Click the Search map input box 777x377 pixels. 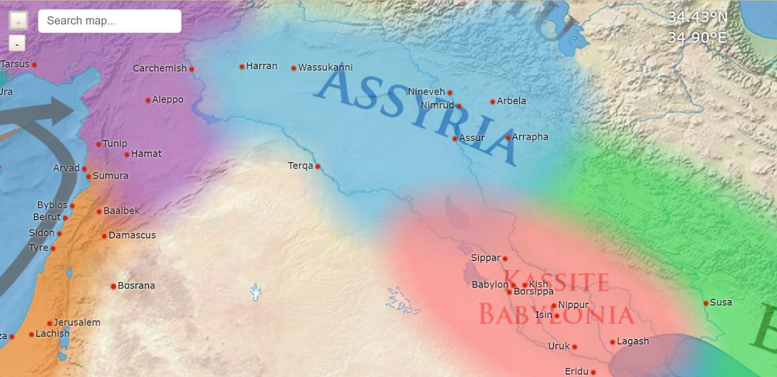(x=109, y=21)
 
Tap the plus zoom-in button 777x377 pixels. (x=18, y=21)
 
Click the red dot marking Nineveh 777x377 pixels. (x=450, y=93)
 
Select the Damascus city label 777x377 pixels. (x=132, y=235)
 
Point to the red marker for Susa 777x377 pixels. (x=706, y=303)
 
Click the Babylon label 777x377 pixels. (x=490, y=285)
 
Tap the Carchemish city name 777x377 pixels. (x=160, y=69)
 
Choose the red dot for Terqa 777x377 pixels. (x=318, y=167)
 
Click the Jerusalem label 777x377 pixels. (x=77, y=323)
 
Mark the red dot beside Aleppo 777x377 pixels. (x=148, y=101)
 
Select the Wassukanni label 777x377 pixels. (x=325, y=68)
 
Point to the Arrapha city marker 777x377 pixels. (x=508, y=138)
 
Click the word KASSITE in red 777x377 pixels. (x=557, y=282)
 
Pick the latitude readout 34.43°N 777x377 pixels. (x=697, y=17)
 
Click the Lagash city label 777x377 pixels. (x=632, y=342)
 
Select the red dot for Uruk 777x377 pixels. (x=574, y=347)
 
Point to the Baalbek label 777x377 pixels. (x=121, y=211)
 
